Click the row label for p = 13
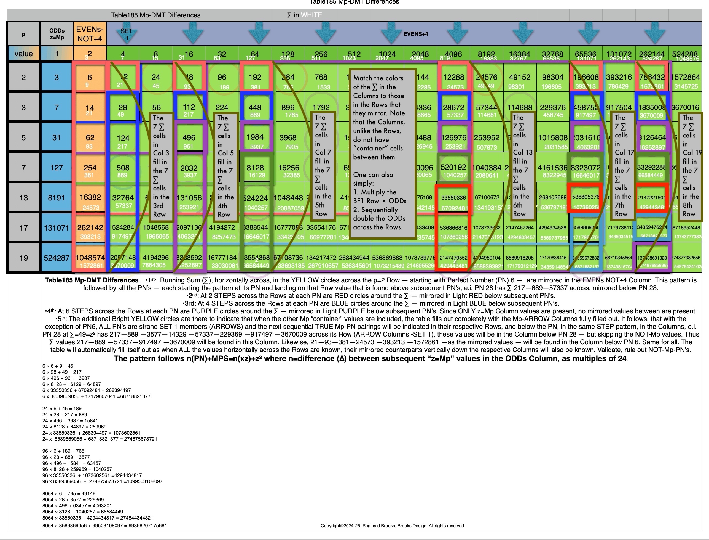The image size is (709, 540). (x=23, y=198)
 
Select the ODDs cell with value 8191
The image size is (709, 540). (x=57, y=198)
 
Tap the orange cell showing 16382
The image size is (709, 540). (x=90, y=197)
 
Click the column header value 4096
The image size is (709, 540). (x=453, y=54)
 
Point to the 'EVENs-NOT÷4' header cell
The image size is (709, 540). (x=90, y=34)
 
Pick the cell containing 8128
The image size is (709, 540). (x=255, y=168)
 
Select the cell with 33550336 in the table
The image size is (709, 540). (x=453, y=198)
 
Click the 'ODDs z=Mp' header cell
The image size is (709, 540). (x=57, y=34)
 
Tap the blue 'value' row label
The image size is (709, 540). (x=23, y=54)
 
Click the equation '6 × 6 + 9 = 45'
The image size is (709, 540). (x=58, y=366)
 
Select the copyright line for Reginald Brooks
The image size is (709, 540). (x=392, y=526)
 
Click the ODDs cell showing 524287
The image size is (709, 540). (x=57, y=258)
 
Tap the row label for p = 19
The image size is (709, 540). (x=23, y=258)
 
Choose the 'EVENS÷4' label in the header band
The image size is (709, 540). (x=415, y=34)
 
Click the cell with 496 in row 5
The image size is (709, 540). (x=189, y=137)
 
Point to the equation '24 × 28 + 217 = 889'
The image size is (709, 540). (x=65, y=415)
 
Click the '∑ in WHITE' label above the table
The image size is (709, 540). (x=304, y=15)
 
